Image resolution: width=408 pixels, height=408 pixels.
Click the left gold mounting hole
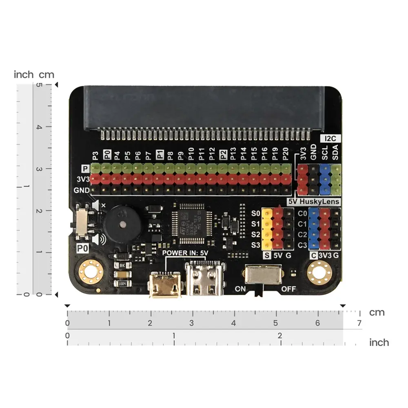click(x=90, y=271)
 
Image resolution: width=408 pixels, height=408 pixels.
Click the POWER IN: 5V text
click(x=186, y=253)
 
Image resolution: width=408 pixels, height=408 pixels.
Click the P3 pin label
click(x=95, y=155)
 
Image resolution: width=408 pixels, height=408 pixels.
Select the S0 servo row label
click(x=256, y=213)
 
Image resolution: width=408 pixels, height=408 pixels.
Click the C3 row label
click(x=302, y=245)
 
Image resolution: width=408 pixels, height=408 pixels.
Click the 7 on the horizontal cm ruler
click(x=359, y=324)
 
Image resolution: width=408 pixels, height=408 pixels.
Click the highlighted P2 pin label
click(x=223, y=154)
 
